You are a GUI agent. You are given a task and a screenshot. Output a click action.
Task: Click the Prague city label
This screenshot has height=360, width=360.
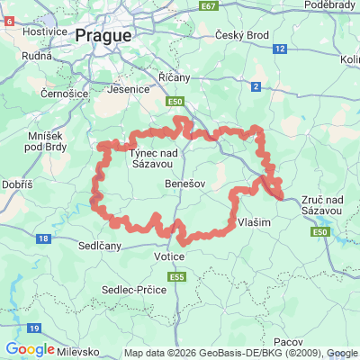coord(103,36)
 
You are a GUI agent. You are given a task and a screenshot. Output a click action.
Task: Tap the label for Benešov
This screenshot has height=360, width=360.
coord(185,183)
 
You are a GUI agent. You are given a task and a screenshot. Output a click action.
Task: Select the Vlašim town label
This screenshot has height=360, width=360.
coord(254,221)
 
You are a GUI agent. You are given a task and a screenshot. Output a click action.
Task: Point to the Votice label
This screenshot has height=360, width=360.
coord(168,257)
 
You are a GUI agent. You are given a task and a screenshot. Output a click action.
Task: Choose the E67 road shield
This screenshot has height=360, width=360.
coord(210,5)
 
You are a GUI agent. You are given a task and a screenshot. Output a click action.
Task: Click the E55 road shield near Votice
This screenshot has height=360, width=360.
coord(179,277)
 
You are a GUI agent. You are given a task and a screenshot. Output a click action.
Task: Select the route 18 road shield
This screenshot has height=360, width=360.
coord(42,238)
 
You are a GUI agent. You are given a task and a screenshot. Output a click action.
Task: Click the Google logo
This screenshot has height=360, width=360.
coord(31,349)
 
